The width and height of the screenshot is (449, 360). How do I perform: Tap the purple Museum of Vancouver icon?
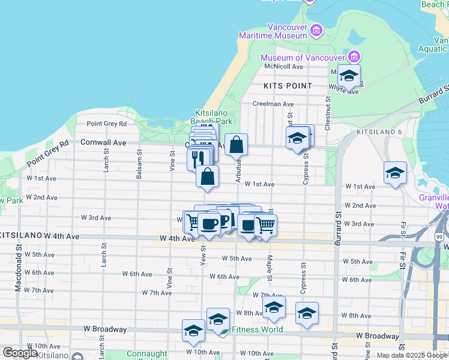pos(354,57)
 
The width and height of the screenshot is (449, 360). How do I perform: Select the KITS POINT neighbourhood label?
pos(288,86)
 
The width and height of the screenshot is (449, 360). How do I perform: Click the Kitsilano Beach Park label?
pos(213,117)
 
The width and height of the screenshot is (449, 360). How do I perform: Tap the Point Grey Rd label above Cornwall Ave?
pos(107,124)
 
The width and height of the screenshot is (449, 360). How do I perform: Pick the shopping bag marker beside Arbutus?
pos(237,145)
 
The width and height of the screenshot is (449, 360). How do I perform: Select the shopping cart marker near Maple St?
pos(265,225)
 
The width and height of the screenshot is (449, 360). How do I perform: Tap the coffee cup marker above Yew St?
pos(209,224)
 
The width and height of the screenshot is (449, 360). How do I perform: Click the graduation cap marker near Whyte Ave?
pos(348,76)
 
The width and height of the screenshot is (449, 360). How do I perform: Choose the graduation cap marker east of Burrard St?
pos(395,173)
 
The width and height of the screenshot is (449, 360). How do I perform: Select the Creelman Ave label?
pos(273,104)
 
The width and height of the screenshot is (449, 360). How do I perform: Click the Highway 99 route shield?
pos(440,238)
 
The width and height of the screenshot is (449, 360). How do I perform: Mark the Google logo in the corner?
pos(20,352)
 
